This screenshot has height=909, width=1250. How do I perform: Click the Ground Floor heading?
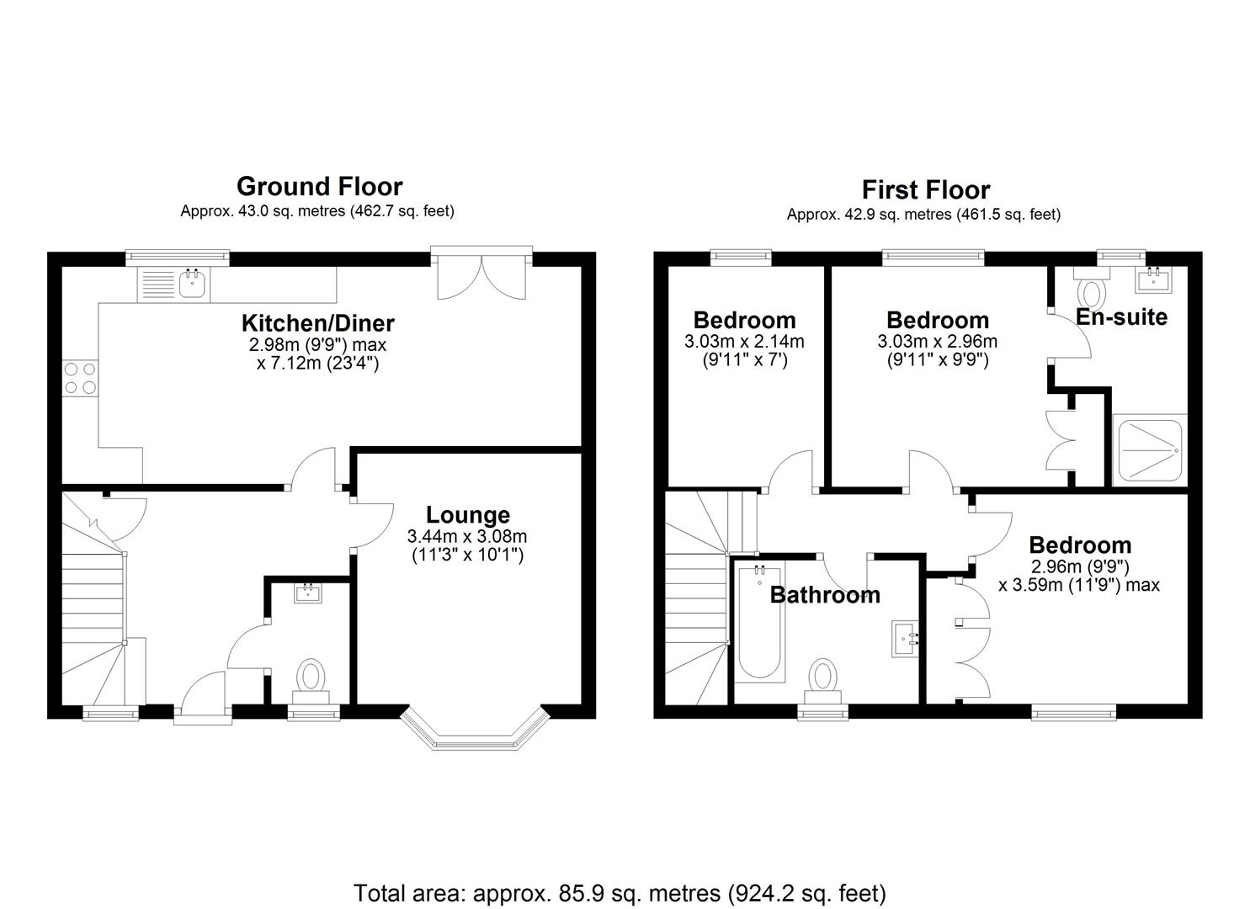319,186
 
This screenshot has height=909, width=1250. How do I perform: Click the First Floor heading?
925,189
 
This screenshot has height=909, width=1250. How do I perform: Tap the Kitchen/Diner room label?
317,322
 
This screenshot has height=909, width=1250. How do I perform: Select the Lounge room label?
467,515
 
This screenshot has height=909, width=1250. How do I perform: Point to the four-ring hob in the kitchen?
80,377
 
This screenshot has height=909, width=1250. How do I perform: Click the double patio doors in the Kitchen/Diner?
481,274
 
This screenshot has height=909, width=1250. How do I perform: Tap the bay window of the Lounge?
475,730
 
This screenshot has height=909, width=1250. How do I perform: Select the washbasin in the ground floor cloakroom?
308,593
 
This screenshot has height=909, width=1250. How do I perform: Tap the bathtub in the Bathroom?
760,623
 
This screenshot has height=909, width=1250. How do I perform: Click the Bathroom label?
825,595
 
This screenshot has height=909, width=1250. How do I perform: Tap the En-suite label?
1121,317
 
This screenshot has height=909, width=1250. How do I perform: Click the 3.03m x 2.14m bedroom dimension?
744,342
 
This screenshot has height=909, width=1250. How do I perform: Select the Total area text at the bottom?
620,892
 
